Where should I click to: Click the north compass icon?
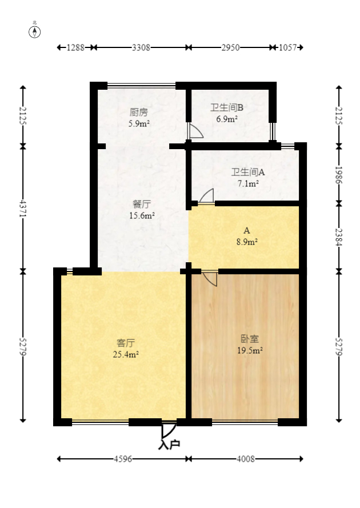(x=35, y=31)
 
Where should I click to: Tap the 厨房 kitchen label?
(x=138, y=112)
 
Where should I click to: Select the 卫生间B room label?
(x=227, y=107)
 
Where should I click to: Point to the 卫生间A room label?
(x=247, y=171)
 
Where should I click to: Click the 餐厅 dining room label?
(x=142, y=204)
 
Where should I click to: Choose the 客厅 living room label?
(x=126, y=343)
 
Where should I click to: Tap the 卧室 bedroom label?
(x=250, y=338)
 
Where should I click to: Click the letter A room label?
(x=247, y=231)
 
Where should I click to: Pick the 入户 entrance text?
(x=169, y=444)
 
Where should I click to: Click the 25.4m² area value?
(x=126, y=354)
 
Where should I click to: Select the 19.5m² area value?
(x=250, y=350)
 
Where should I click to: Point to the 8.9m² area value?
(x=247, y=242)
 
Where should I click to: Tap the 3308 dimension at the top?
(x=141, y=48)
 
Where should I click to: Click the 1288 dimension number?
(x=75, y=48)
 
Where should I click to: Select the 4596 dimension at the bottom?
(x=123, y=459)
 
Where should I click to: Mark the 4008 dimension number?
(x=246, y=459)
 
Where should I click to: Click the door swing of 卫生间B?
(x=195, y=132)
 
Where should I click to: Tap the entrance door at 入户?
(x=169, y=429)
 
